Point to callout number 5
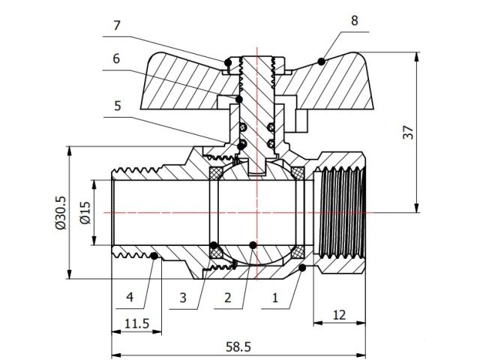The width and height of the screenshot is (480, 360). coord(116,106)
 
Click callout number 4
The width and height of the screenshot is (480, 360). coord(129,298)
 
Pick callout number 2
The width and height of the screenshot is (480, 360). coord(226,298)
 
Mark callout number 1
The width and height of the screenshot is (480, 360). coord(274,298)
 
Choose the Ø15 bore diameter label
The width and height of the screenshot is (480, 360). coord(85,213)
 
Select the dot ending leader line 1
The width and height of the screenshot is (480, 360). coord(301,267)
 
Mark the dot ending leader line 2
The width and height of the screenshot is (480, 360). coord(253,244)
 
